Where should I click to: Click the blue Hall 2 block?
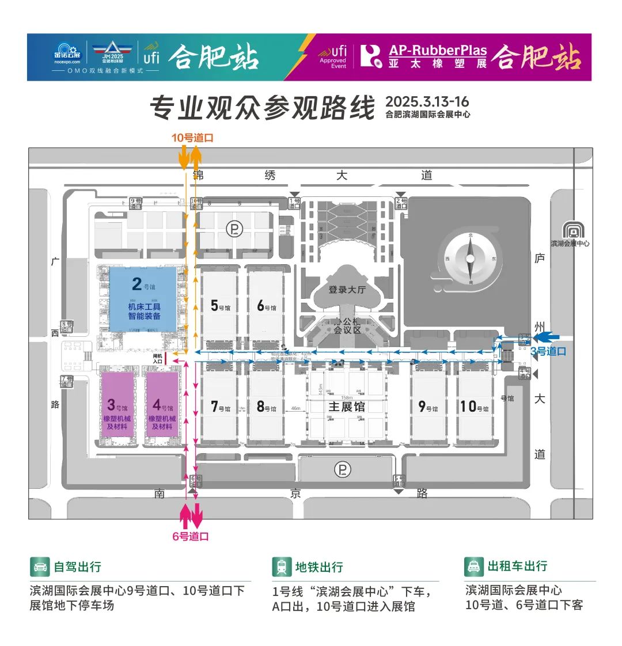pos(143,298)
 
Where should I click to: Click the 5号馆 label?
pos(219,305)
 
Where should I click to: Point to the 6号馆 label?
pos(266,305)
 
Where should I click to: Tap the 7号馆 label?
pos(219,406)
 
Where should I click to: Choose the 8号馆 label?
pos(266,406)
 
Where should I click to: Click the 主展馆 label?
pos(347,406)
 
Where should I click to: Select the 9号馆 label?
pos(428,406)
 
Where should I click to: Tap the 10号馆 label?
pos(475,406)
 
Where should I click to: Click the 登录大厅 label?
pos(347,290)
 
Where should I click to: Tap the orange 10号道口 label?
pos(192,138)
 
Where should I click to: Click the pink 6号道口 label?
pos(191,536)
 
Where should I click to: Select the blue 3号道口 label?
pos(548,351)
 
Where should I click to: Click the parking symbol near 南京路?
pos(342,470)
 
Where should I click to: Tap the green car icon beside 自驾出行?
pos(40,567)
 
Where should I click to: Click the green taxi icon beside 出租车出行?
pos(473,567)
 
